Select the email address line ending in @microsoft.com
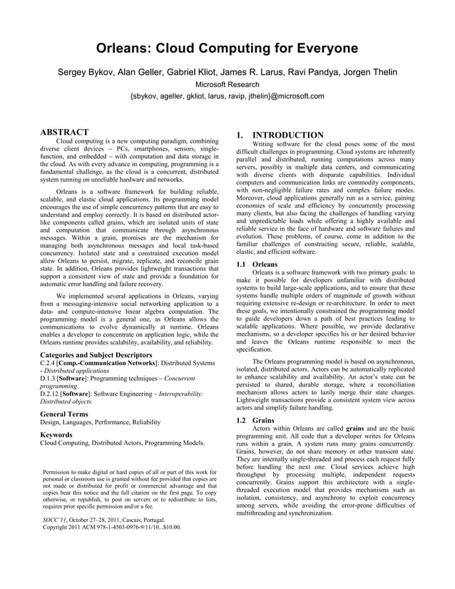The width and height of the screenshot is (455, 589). [x=227, y=96]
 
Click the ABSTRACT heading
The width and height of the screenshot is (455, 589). [x=64, y=132]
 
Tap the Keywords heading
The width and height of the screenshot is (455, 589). [x=57, y=434]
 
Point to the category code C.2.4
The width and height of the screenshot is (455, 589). [x=49, y=364]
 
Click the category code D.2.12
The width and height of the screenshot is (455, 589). [x=51, y=392]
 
